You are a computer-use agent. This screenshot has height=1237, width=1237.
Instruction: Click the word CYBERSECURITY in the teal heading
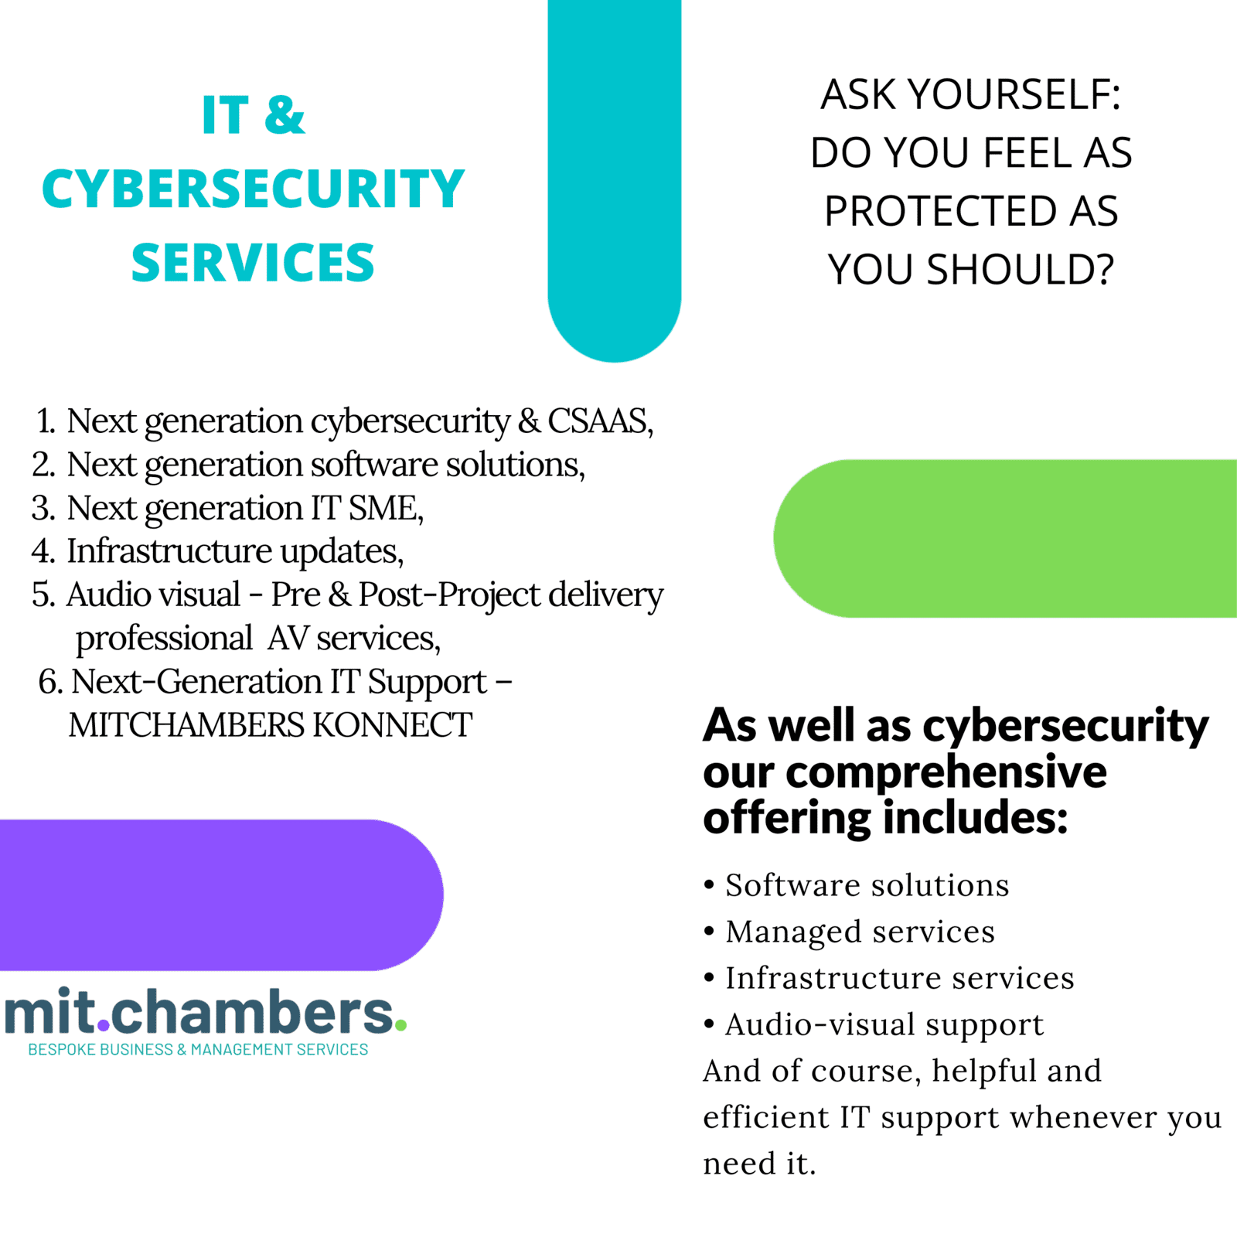pos(253,189)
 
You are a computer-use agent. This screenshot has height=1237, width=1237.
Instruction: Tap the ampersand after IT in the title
pos(285,115)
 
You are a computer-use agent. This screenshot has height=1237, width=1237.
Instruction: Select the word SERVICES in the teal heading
pos(253,262)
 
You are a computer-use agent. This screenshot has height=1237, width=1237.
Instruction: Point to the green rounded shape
pos(1005,538)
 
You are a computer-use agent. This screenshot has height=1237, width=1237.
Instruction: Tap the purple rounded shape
pos(221,895)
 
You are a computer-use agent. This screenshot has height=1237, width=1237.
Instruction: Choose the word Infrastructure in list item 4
pos(169,550)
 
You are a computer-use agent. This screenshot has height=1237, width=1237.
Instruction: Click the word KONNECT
pos(392,725)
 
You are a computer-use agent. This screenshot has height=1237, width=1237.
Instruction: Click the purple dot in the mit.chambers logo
pos(104,1027)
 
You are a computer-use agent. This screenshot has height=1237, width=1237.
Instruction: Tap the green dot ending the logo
pos(400,1025)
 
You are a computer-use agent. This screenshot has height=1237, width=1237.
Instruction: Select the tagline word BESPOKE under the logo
pos(61,1049)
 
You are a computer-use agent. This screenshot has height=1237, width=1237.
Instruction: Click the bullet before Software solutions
pos(709,884)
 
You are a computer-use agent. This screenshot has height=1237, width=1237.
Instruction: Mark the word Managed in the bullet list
pos(793,932)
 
